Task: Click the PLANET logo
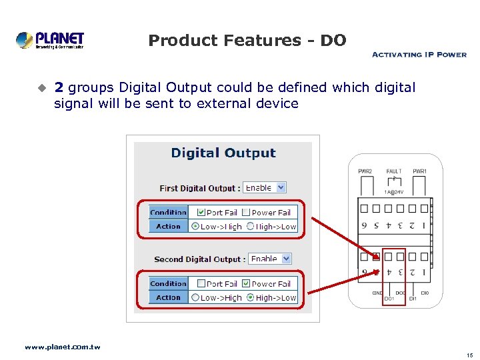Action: [x=50, y=40]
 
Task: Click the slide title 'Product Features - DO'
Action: [x=247, y=41]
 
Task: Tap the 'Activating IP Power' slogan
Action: [x=419, y=55]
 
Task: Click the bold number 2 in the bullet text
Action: [x=59, y=87]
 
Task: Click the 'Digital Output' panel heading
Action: [x=223, y=153]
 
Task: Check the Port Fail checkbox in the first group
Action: [x=201, y=213]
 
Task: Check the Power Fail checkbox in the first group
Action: [x=246, y=213]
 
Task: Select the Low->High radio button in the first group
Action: [x=195, y=227]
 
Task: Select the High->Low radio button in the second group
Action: [x=250, y=297]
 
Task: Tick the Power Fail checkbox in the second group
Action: [x=246, y=283]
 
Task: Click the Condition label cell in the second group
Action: [x=168, y=283]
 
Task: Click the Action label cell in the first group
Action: [x=168, y=227]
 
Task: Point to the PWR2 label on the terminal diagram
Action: [x=365, y=172]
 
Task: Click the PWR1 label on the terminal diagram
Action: [x=419, y=172]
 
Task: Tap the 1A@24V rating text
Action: [x=393, y=191]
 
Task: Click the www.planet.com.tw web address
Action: [x=62, y=347]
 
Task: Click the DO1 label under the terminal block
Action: [x=389, y=299]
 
